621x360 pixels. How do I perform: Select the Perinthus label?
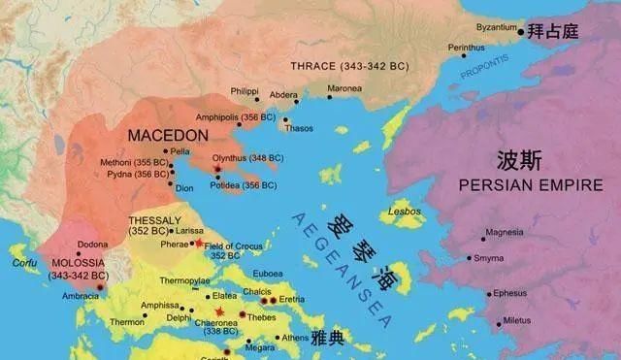pos(468,47)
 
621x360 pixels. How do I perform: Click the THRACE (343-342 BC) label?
pos(349,67)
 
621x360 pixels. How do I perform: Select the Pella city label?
pos(180,151)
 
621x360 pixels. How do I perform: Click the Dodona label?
pos(93,244)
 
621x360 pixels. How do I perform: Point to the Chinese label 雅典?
pos(328,338)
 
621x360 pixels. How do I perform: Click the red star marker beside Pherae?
pos(200,242)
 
